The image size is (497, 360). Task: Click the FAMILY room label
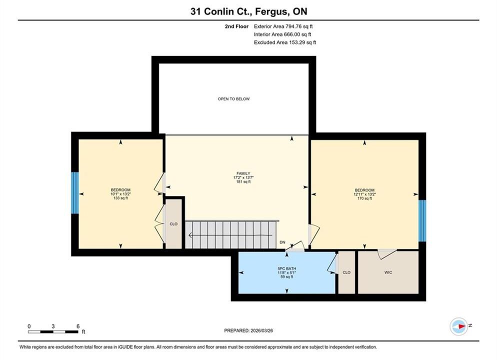coord(243,173)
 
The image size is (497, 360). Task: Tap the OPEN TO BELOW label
coord(233,99)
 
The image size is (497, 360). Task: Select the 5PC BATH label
coord(287,268)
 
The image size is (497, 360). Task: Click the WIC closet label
coord(388,272)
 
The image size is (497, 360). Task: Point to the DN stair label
coord(282,242)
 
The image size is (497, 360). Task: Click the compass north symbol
coord(459,326)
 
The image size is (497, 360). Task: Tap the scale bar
coord(53,332)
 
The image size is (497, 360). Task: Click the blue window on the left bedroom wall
coord(75,193)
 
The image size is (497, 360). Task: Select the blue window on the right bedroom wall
coord(422,220)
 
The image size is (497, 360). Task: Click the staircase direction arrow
coord(230,235)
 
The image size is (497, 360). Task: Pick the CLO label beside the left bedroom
coord(173,223)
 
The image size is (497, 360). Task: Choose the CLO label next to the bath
coord(346,272)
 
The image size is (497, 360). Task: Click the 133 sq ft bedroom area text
coord(120,198)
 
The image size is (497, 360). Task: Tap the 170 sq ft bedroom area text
coord(364,198)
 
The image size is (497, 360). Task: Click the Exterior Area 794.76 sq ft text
coord(283,26)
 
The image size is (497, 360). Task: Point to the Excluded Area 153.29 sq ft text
coord(285,42)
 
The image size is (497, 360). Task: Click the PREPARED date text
coord(248,330)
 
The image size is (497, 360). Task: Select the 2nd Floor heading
coord(237,26)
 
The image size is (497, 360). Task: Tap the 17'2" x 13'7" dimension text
coord(243,177)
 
